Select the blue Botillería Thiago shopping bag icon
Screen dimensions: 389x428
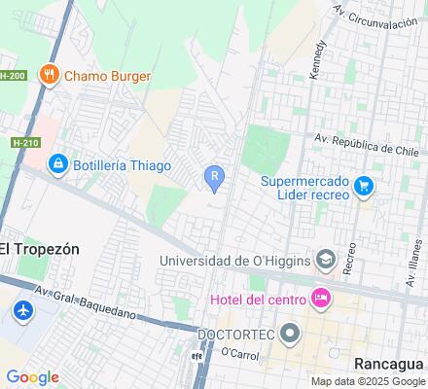tap(58, 163)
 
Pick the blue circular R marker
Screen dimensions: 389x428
tap(214, 176)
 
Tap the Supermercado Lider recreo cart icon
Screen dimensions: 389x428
tap(365, 185)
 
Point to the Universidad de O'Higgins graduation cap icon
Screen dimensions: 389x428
tap(326, 260)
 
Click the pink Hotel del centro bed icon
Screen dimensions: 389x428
tap(320, 297)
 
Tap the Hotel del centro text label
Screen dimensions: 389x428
tap(255, 297)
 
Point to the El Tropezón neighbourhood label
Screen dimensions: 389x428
tap(40, 248)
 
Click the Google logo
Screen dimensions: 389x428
tap(32, 376)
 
